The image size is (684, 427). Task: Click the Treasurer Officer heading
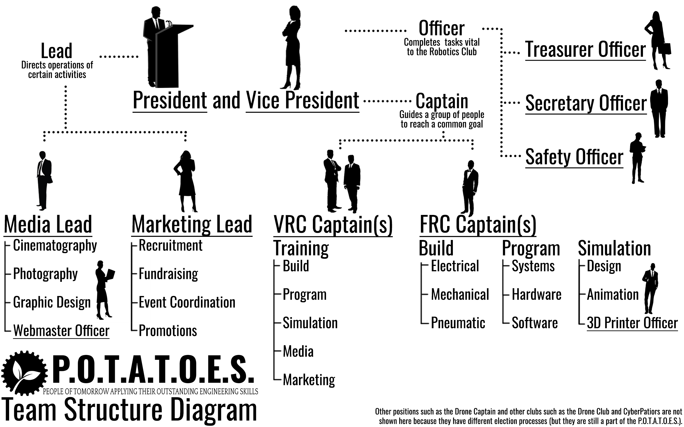click(x=585, y=50)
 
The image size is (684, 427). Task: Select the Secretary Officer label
click(x=586, y=103)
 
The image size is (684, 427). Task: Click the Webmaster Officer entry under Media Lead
click(x=61, y=331)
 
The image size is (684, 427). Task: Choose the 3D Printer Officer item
click(x=632, y=323)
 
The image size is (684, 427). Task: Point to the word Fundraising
click(x=168, y=274)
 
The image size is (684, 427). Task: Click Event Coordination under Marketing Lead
click(x=187, y=302)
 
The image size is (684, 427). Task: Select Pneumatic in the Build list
click(x=458, y=323)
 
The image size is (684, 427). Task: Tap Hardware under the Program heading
click(x=536, y=295)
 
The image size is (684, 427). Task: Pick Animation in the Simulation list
click(x=612, y=295)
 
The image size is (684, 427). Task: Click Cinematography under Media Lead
click(x=55, y=246)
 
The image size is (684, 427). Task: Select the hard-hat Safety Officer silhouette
click(x=637, y=158)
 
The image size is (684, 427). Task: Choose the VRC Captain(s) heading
click(x=333, y=225)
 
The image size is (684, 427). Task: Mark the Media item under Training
click(x=298, y=352)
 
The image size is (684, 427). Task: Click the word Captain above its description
click(x=442, y=101)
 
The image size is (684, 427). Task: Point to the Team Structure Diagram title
click(x=130, y=410)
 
